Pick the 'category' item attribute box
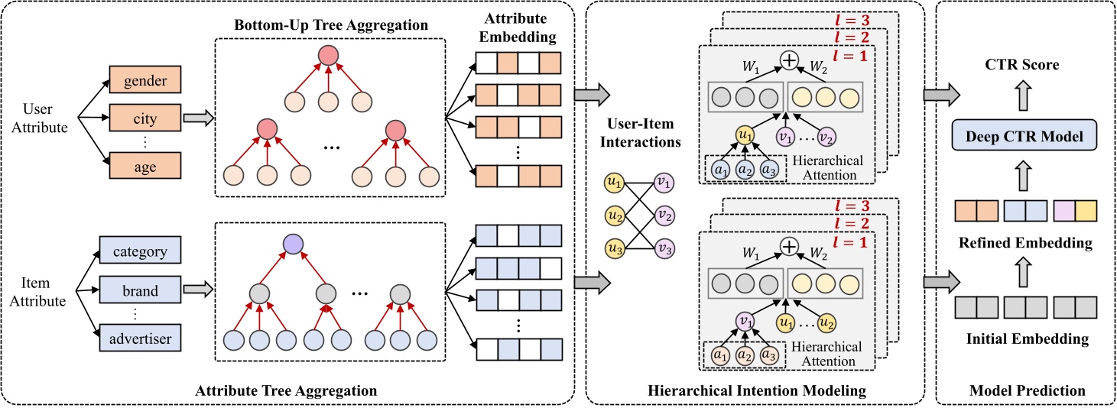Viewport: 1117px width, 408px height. pyautogui.click(x=140, y=250)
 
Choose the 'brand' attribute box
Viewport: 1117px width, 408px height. pyautogui.click(x=140, y=290)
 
